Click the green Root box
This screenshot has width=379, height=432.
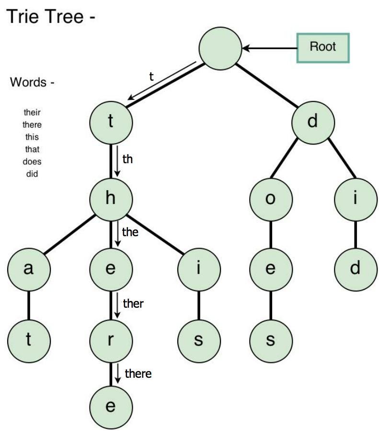point(323,48)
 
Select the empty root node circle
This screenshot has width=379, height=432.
point(220,48)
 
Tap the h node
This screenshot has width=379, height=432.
point(111,199)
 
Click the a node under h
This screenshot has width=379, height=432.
point(29,269)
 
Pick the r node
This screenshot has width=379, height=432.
point(111,340)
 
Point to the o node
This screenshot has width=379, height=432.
point(270,199)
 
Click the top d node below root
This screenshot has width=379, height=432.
point(313,121)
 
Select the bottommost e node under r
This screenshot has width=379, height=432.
point(111,407)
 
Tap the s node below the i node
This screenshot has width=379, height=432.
point(198,340)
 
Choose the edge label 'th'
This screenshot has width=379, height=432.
point(127,159)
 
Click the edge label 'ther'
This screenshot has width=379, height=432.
point(133,303)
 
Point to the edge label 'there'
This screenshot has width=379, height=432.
point(138,373)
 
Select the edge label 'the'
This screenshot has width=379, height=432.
point(130,232)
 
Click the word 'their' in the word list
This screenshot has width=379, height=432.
point(33,113)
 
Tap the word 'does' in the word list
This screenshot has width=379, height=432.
point(32,162)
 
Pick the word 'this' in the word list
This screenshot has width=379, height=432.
point(32,137)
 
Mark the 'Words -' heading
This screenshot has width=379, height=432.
point(32,82)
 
